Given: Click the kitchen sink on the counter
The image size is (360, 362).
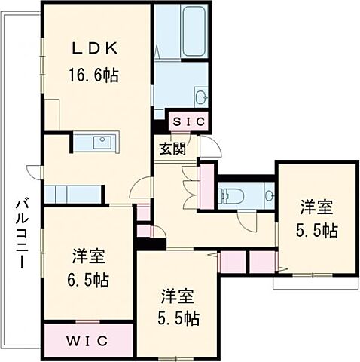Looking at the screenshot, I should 101,142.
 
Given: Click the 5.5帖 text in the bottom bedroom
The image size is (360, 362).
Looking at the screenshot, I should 179,319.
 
